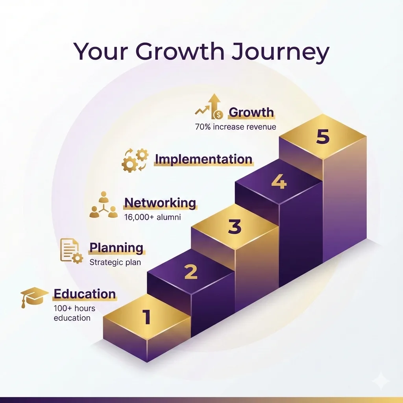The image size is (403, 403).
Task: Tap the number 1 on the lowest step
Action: (x=146, y=317)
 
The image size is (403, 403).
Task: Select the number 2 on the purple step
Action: (x=190, y=272)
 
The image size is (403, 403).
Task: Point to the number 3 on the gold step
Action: (x=235, y=227)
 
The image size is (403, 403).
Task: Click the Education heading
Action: (x=85, y=294)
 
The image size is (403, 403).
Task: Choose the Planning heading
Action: (x=116, y=248)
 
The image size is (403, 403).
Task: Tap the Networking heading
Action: (x=160, y=203)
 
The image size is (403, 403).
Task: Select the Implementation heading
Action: (x=203, y=159)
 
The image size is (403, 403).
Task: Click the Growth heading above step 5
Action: (x=251, y=113)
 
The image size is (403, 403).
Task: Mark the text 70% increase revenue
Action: (x=235, y=127)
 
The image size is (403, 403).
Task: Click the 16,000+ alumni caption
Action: (x=153, y=217)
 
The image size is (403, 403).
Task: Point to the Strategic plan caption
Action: (x=115, y=262)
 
